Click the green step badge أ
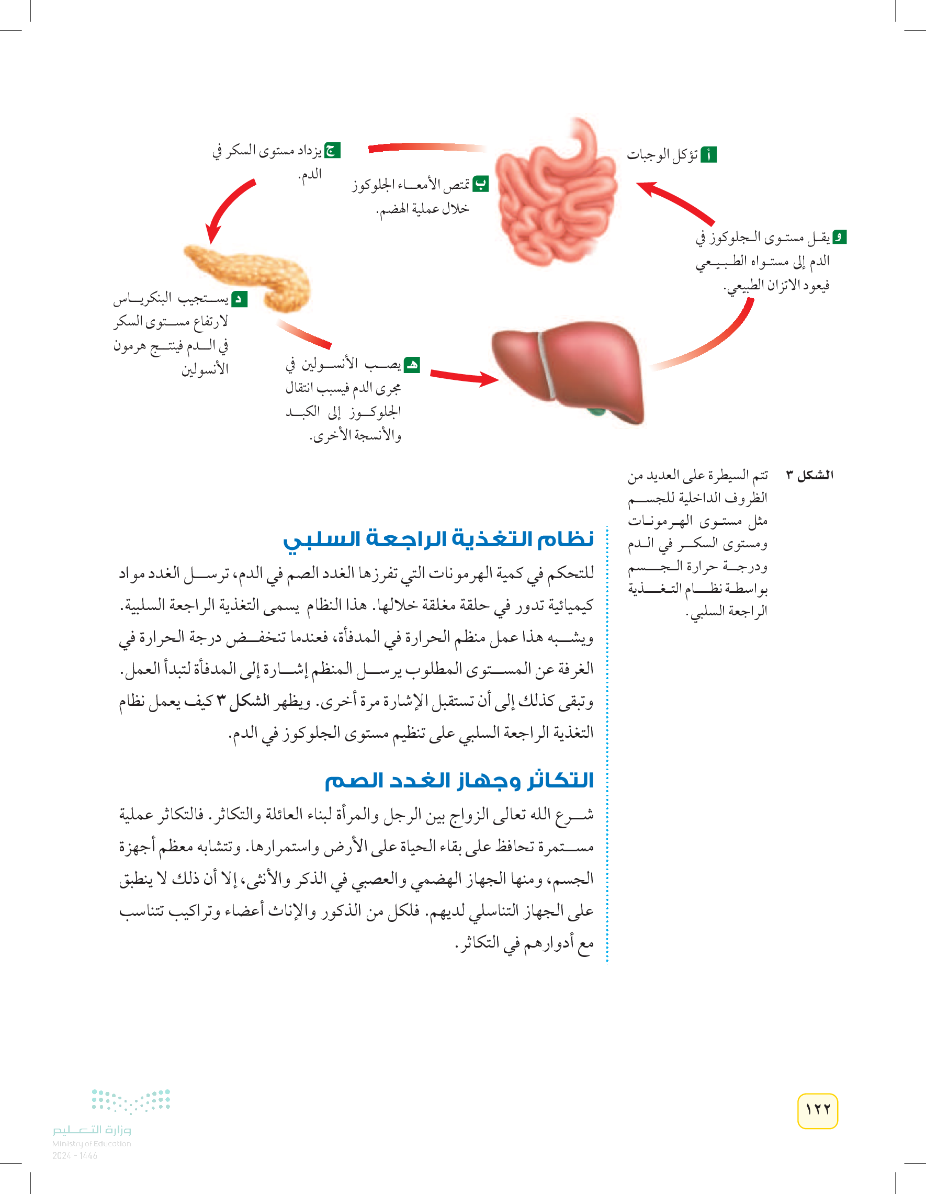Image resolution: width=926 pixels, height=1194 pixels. coord(708,155)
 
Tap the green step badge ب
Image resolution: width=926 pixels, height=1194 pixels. coord(480,184)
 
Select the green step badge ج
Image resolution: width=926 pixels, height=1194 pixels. coord(332,150)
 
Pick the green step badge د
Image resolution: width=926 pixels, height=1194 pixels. coord(240,299)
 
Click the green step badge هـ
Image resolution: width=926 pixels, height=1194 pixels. coord(412,365)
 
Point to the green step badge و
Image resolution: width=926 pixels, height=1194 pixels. coord(839,237)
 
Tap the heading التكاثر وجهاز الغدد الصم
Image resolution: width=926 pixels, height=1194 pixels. coord(459,780)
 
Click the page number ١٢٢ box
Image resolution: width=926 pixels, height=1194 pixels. coord(817,1110)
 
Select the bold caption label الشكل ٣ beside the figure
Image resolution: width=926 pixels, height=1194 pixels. coord(809,475)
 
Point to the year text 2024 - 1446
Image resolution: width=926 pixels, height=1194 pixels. coord(75,1156)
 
